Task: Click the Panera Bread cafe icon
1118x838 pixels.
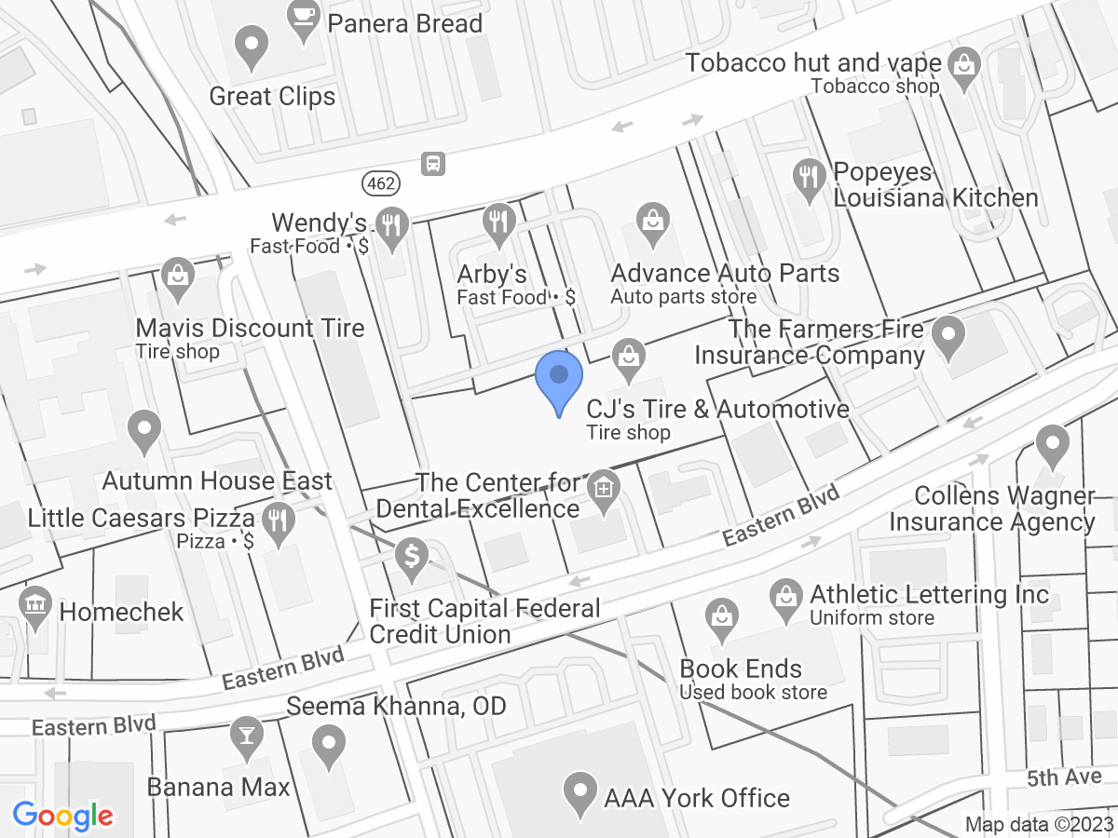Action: coord(304,20)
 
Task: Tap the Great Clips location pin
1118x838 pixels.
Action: coord(250,47)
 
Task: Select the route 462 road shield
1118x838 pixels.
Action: coord(380,182)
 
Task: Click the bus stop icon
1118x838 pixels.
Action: coord(432,164)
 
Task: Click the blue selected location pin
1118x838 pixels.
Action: coord(559,380)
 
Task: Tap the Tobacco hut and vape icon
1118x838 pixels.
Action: coord(963,65)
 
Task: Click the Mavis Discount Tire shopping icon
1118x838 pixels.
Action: coord(176,276)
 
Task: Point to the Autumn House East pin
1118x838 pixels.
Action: coord(143,431)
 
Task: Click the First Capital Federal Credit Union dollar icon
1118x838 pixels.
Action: coord(411,559)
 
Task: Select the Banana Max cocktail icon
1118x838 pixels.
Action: coord(247,736)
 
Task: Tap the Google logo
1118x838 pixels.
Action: coord(63,817)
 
